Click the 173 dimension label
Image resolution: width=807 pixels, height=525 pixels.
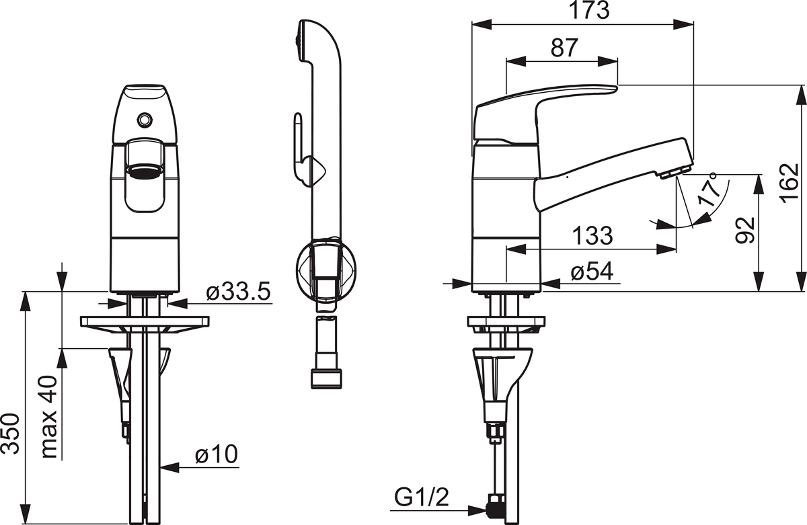pyautogui.click(x=588, y=11)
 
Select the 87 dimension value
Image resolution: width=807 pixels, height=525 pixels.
pyautogui.click(x=564, y=48)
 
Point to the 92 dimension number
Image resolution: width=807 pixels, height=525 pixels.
pyautogui.click(x=744, y=231)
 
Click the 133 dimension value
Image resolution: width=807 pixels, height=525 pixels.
pyautogui.click(x=592, y=236)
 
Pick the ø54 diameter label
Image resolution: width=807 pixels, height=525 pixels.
pyautogui.click(x=592, y=271)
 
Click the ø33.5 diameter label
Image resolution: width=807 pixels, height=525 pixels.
pyautogui.click(x=238, y=292)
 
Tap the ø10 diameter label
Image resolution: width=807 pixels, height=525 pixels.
pyautogui.click(x=216, y=454)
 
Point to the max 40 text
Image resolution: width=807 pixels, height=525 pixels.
pyautogui.click(x=49, y=417)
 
